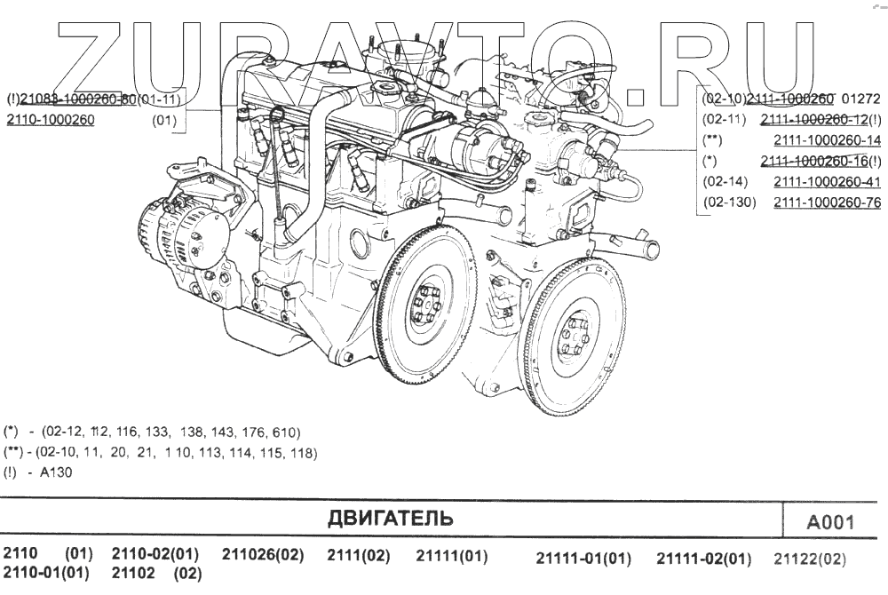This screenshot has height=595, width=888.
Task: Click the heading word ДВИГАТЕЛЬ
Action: pyautogui.click(x=390, y=518)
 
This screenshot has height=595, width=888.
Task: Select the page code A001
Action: pyautogui.click(x=829, y=522)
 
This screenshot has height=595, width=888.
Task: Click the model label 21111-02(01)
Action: pyautogui.click(x=703, y=559)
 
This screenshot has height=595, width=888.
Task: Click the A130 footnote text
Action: pyautogui.click(x=55, y=472)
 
